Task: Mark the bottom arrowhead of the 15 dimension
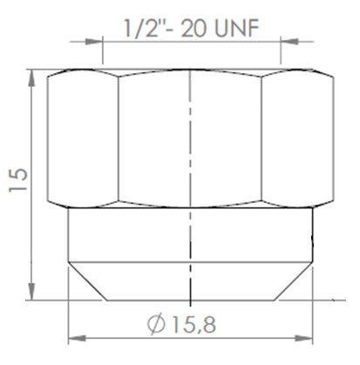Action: (x=32, y=294)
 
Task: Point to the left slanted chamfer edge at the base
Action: (x=87, y=280)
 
